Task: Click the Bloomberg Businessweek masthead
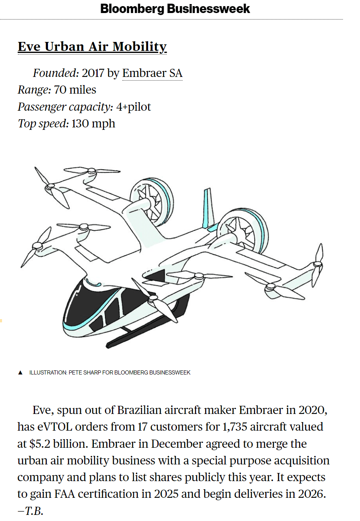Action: (175, 9)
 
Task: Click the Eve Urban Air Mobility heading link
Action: (92, 47)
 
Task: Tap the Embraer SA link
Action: (153, 73)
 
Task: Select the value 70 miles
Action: (75, 90)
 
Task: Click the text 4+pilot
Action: (134, 107)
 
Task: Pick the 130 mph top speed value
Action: (94, 123)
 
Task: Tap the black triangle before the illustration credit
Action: (20, 372)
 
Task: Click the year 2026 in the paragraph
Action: (312, 494)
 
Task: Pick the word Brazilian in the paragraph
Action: (139, 410)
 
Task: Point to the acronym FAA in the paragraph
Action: (65, 494)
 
